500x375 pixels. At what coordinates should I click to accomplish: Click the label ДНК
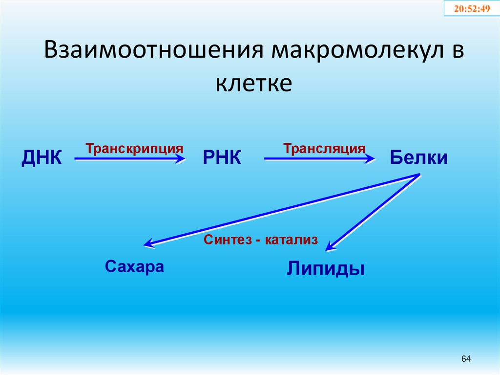[x=42, y=158]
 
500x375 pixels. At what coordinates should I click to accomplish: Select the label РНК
[x=222, y=158]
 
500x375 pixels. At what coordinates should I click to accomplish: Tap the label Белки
[x=418, y=158]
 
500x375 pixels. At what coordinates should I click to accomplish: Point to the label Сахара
[x=134, y=267]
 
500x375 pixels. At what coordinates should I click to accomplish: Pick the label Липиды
[x=325, y=268]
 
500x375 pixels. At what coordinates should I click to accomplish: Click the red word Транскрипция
[x=135, y=148]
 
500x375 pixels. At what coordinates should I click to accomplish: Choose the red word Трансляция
[x=324, y=148]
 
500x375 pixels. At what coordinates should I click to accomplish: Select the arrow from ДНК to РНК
[x=129, y=158]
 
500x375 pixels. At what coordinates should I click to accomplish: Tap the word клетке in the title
[x=253, y=83]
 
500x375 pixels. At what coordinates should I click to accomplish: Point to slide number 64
[x=465, y=359]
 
